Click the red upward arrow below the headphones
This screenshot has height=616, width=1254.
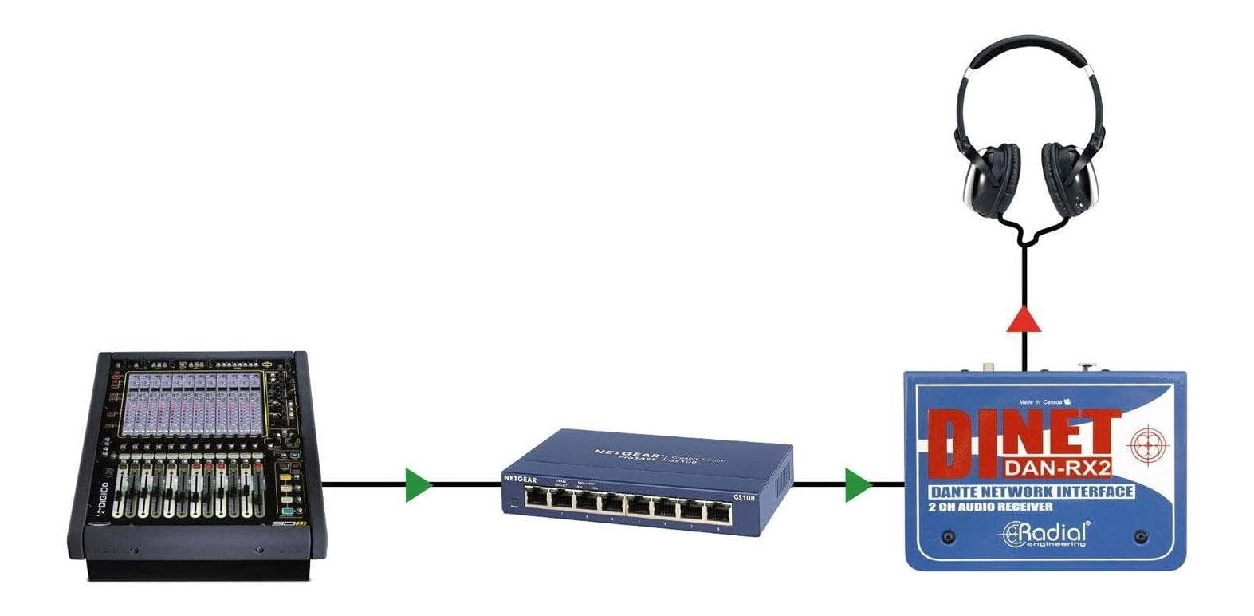pos(1024,319)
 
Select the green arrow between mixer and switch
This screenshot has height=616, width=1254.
pos(417,485)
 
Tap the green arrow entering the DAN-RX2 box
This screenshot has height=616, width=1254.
pos(858,485)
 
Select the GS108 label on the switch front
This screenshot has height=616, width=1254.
pos(744,498)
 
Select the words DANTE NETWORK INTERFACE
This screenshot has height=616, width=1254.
pos(1031,492)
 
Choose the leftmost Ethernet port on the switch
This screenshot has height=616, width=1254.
pos(538,502)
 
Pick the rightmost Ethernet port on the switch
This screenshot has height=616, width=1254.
pos(717,507)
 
